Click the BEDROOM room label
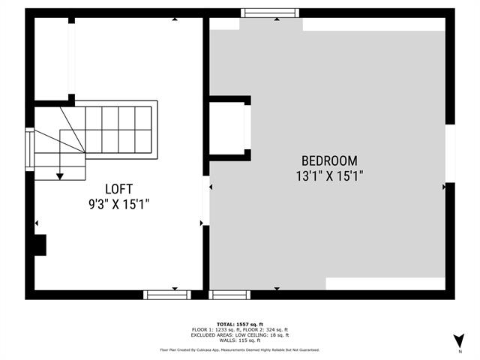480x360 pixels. pyautogui.click(x=329, y=160)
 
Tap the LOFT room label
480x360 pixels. pyautogui.click(x=120, y=188)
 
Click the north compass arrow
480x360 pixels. pyautogui.click(x=459, y=340)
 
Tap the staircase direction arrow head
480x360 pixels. pyautogui.click(x=60, y=176)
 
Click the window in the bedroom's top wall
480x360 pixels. pyautogui.click(x=270, y=13)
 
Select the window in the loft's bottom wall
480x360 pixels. pyautogui.click(x=167, y=295)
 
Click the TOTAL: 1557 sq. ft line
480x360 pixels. pyautogui.click(x=240, y=323)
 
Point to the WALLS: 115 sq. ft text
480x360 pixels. pyautogui.click(x=240, y=341)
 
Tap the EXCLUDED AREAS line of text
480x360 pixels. pyautogui.click(x=240, y=335)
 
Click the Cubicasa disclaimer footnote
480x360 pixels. pyautogui.click(x=240, y=350)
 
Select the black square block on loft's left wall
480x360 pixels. pyautogui.click(x=40, y=245)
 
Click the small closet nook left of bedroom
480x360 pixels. pyautogui.click(x=227, y=127)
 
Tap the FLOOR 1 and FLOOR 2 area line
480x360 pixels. pyautogui.click(x=240, y=329)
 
